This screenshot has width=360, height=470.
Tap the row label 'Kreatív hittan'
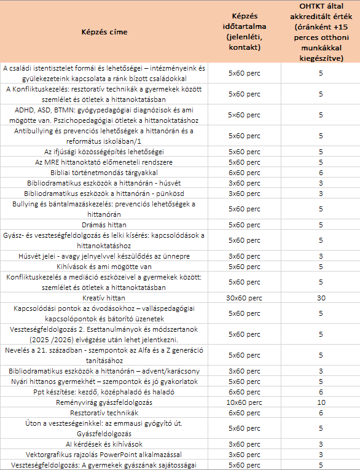pos(103,297)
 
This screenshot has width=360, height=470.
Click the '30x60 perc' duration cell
pos(244,297)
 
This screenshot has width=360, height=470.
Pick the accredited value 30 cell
pos(320,297)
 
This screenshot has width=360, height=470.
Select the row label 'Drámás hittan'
pos(103,224)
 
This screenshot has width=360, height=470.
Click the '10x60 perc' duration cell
pos(244,402)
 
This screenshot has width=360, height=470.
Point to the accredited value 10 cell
pos(320,402)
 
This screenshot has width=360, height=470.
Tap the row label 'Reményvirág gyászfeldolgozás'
pos(103,402)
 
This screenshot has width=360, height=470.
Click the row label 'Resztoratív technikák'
pos(103,413)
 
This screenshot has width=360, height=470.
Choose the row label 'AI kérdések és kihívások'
pos(103,444)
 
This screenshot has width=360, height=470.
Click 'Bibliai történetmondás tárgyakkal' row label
pos(103,172)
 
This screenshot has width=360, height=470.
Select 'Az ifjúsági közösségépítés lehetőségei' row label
pos(103,151)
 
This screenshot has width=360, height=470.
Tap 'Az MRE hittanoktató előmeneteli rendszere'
pos(103,162)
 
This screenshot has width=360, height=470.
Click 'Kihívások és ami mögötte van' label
pos(103,266)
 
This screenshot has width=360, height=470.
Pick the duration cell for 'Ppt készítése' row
pos(244,391)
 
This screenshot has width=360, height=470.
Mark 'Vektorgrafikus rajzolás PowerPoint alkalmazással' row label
pos(103,454)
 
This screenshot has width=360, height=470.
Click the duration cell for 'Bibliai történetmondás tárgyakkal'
pos(244,172)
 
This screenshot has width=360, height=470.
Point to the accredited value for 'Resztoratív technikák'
pos(320,413)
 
